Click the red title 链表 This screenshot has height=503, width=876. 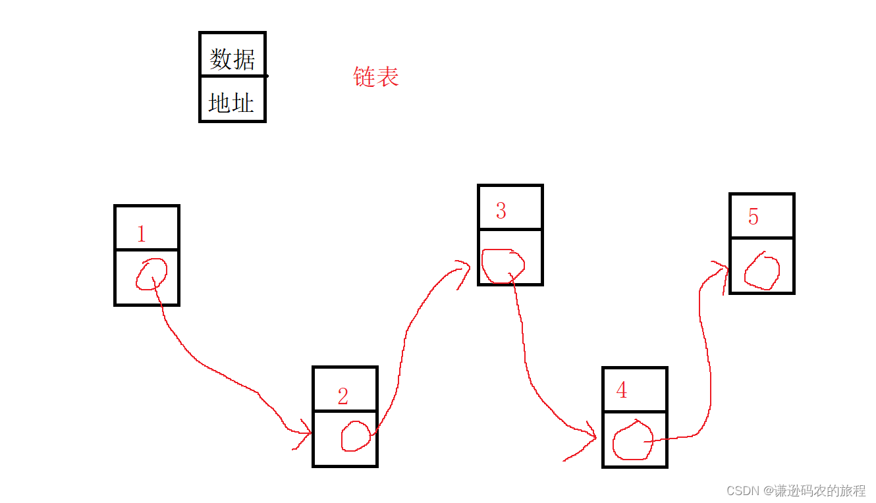[x=376, y=77]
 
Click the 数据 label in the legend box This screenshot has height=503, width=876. [x=232, y=59]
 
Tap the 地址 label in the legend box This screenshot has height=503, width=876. [x=231, y=103]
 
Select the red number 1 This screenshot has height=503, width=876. [x=141, y=234]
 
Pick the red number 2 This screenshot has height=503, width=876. [x=342, y=396]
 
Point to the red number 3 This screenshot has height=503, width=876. [x=501, y=211]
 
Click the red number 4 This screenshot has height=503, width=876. [x=621, y=390]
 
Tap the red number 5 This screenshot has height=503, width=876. [x=753, y=217]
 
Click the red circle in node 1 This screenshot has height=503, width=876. [x=151, y=274]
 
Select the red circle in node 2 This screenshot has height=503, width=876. [x=356, y=436]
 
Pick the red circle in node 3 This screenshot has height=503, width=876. [x=503, y=266]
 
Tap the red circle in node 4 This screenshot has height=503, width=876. [x=632, y=440]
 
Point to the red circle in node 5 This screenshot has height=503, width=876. [x=762, y=271]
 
